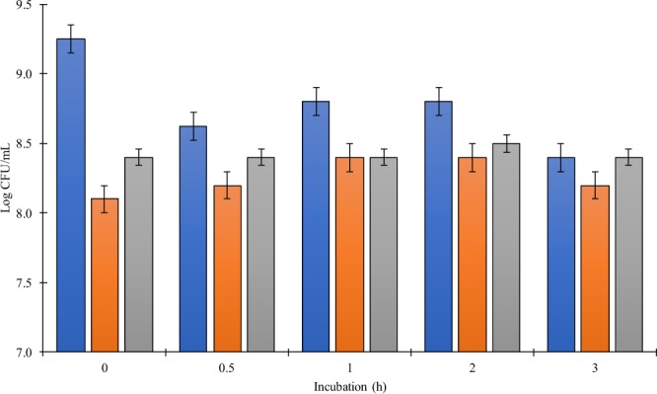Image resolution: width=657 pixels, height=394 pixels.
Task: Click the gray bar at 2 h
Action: (509, 248)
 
